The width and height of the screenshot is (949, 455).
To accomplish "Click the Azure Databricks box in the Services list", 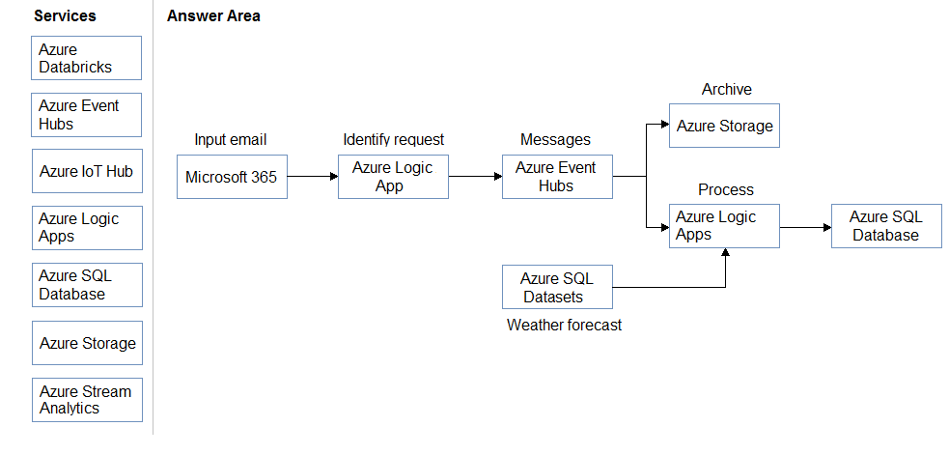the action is point(87,58).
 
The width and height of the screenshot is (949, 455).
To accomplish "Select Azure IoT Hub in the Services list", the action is point(87,171).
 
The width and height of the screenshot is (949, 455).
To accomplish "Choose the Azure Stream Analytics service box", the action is point(87,400).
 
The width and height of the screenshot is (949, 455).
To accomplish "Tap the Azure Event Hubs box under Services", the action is point(87,115).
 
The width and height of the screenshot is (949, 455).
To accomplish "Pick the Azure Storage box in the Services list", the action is point(87,343).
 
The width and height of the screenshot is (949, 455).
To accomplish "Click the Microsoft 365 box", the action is point(232,177).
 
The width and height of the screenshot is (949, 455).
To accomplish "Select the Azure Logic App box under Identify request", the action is point(393,177).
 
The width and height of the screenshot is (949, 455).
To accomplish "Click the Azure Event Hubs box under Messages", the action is point(557,177).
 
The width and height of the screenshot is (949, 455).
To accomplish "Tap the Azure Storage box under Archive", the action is point(724,126).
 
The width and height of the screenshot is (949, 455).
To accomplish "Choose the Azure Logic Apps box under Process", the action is point(724,226).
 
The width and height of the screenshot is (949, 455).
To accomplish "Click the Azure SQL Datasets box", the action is point(557,287).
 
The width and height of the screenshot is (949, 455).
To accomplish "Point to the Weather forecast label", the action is point(564,325).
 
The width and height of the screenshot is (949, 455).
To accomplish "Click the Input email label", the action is point(230,139).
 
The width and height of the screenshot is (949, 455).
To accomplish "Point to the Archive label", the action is point(726,89).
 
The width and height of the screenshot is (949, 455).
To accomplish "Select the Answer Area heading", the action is point(213,15).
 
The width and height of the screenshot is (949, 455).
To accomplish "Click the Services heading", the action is point(65,15).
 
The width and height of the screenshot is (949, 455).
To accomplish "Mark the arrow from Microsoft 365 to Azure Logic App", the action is point(313,177).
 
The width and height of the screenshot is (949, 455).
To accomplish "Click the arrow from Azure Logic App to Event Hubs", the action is point(476,177).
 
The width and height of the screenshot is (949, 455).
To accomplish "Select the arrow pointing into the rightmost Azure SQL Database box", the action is point(806,227).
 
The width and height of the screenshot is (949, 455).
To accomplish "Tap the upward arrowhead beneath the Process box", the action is point(725,253).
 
